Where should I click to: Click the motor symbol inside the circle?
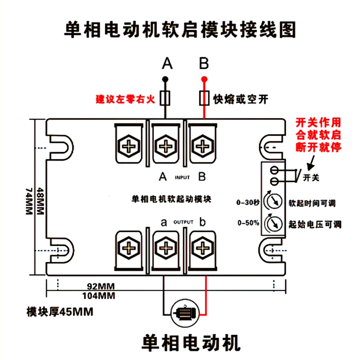(x=185, y=313)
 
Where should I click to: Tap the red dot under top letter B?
(x=204, y=80)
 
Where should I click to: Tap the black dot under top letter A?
(x=165, y=80)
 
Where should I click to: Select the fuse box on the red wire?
(x=204, y=98)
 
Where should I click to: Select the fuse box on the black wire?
(x=165, y=98)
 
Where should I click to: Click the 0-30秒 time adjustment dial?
(x=273, y=201)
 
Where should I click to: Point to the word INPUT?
(x=182, y=177)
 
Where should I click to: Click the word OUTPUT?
(x=184, y=222)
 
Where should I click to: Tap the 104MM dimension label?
(x=99, y=296)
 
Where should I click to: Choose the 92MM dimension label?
(x=101, y=286)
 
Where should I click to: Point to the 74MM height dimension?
(x=29, y=201)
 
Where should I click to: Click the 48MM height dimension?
(x=40, y=201)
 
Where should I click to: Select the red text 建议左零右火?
(x=126, y=99)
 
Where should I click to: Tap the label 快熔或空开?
(x=241, y=99)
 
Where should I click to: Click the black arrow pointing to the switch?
(x=311, y=163)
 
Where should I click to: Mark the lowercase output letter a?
(x=164, y=222)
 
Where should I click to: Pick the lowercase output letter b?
(x=202, y=221)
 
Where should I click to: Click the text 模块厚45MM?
(x=60, y=312)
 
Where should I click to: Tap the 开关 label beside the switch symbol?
(x=311, y=177)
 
